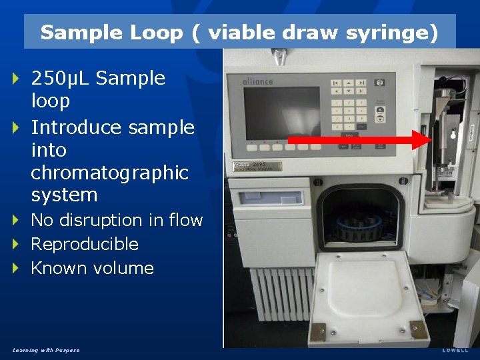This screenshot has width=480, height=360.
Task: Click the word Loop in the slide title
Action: pos(159,33)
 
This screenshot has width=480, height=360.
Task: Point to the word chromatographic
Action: pos(110,173)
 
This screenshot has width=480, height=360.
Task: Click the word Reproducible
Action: pos(85,244)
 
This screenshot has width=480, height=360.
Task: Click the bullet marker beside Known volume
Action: pos(17,268)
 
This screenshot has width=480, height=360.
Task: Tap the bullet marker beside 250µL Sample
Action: pos(17,79)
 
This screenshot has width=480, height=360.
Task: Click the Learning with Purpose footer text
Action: pos(45,350)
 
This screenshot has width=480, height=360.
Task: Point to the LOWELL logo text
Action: pos(455,350)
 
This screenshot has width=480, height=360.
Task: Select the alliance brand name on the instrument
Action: pos(259,81)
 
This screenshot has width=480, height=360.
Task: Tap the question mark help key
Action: pos(380,83)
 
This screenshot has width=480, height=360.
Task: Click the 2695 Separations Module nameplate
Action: pos(257,166)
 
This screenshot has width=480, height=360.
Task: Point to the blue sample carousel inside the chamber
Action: pos(360,227)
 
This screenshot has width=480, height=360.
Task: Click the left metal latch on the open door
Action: pos(318,331)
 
